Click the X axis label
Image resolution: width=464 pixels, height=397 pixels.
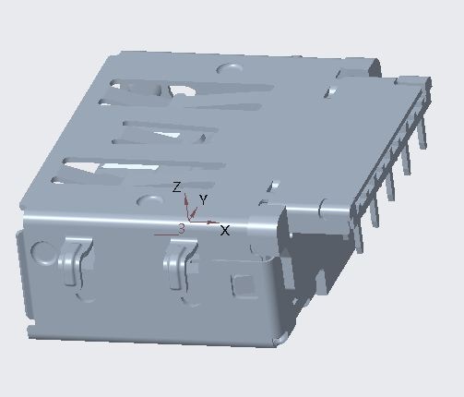tap(225, 230)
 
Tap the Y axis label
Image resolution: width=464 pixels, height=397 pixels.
tap(203, 199)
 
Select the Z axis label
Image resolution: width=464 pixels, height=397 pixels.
tap(177, 187)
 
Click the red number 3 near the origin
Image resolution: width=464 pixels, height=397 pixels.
tap(182, 227)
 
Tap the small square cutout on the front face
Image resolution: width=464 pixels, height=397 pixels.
tap(245, 283)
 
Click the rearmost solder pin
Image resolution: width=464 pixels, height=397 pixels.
tap(423, 129)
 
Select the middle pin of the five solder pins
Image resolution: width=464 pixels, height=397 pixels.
tap(390, 181)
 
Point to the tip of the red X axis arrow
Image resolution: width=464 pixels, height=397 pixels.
tap(219, 223)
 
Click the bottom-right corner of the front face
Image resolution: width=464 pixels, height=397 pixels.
tap(277, 343)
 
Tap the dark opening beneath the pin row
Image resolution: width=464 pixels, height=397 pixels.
tap(318, 249)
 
